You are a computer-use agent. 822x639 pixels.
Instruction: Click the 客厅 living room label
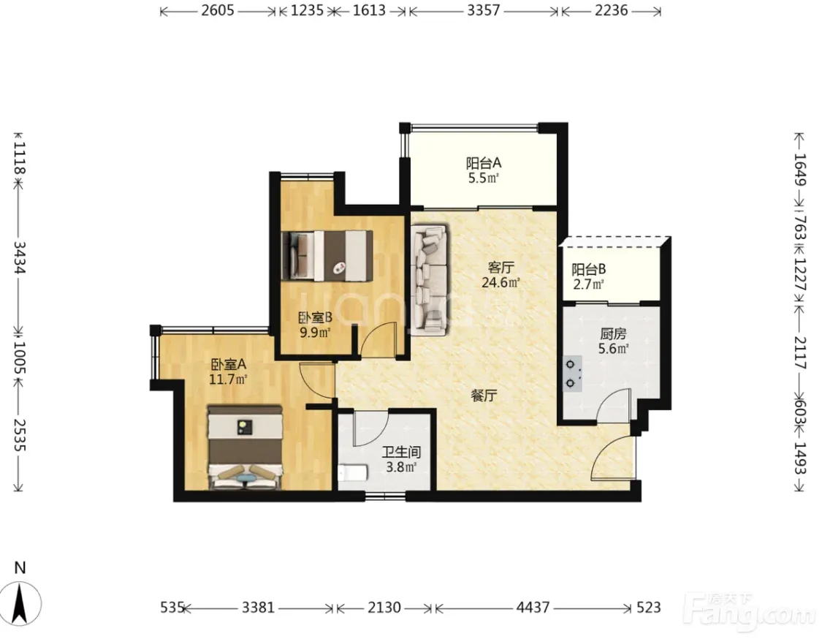click(500, 268)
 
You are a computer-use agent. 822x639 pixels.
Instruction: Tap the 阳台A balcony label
click(484, 162)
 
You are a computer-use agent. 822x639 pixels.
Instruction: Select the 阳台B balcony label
click(589, 270)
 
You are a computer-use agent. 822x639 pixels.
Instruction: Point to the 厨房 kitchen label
click(613, 333)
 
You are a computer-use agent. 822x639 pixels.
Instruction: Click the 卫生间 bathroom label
click(402, 452)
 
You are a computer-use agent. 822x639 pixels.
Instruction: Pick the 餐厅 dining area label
click(484, 396)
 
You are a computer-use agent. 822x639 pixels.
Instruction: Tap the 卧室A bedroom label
click(229, 363)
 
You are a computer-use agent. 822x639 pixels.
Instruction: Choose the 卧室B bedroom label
click(315, 317)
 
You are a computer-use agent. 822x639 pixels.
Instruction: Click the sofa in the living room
click(430, 279)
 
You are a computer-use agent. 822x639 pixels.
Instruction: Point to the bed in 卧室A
click(246, 447)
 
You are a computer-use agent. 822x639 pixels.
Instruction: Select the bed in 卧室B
click(327, 255)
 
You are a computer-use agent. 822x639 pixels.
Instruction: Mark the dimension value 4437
click(533, 608)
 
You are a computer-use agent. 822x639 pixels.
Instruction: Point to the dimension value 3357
click(484, 10)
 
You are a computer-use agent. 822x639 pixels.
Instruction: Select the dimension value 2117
click(800, 352)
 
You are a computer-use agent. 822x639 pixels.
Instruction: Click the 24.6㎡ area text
click(501, 283)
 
